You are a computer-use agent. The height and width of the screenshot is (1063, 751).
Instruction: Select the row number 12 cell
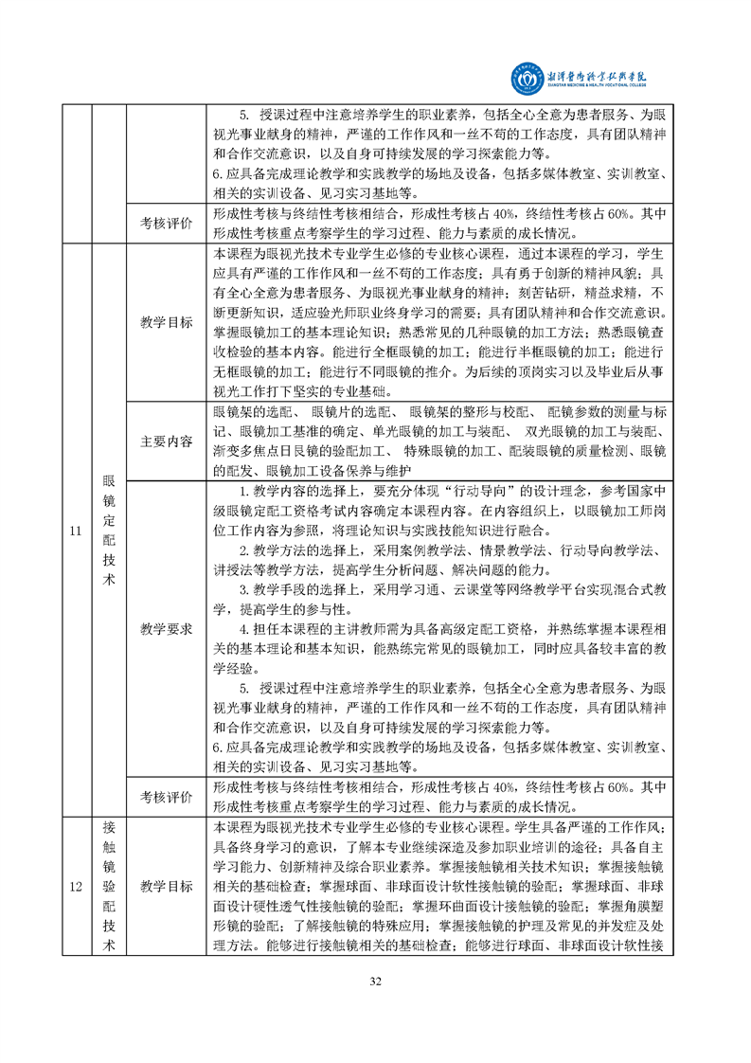[75, 887]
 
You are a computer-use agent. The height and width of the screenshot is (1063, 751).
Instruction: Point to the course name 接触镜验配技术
[108, 887]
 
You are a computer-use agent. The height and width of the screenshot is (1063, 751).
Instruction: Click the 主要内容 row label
[166, 441]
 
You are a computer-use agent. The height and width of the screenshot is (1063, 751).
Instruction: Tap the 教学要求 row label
[166, 628]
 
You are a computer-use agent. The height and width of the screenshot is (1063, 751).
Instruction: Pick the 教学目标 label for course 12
[166, 887]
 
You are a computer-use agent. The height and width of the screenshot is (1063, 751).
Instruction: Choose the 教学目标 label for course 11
[166, 322]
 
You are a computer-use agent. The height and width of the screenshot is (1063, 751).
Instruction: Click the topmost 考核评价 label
[166, 223]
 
